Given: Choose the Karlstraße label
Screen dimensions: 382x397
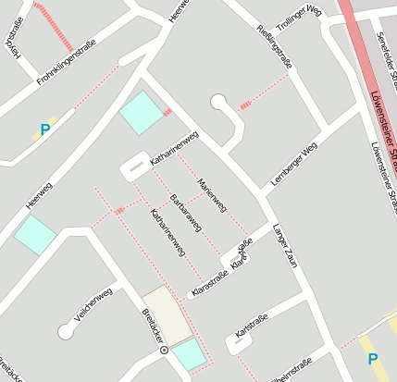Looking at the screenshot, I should click(252, 326).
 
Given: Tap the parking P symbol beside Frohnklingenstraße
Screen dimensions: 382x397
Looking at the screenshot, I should click(44, 130).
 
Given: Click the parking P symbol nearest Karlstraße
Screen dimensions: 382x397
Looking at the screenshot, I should click(373, 359).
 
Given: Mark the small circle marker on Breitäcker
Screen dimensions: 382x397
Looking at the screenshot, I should click(164, 351).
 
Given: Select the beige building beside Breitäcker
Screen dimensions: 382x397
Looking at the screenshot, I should click(167, 315).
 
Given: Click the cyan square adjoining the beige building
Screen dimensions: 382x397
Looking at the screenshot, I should click(190, 354).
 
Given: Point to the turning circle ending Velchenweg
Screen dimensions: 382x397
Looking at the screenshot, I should click(66, 329).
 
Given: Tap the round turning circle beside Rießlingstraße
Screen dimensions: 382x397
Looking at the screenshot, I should click(218, 102).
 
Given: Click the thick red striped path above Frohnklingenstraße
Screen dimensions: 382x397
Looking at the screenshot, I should click(53, 25).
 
